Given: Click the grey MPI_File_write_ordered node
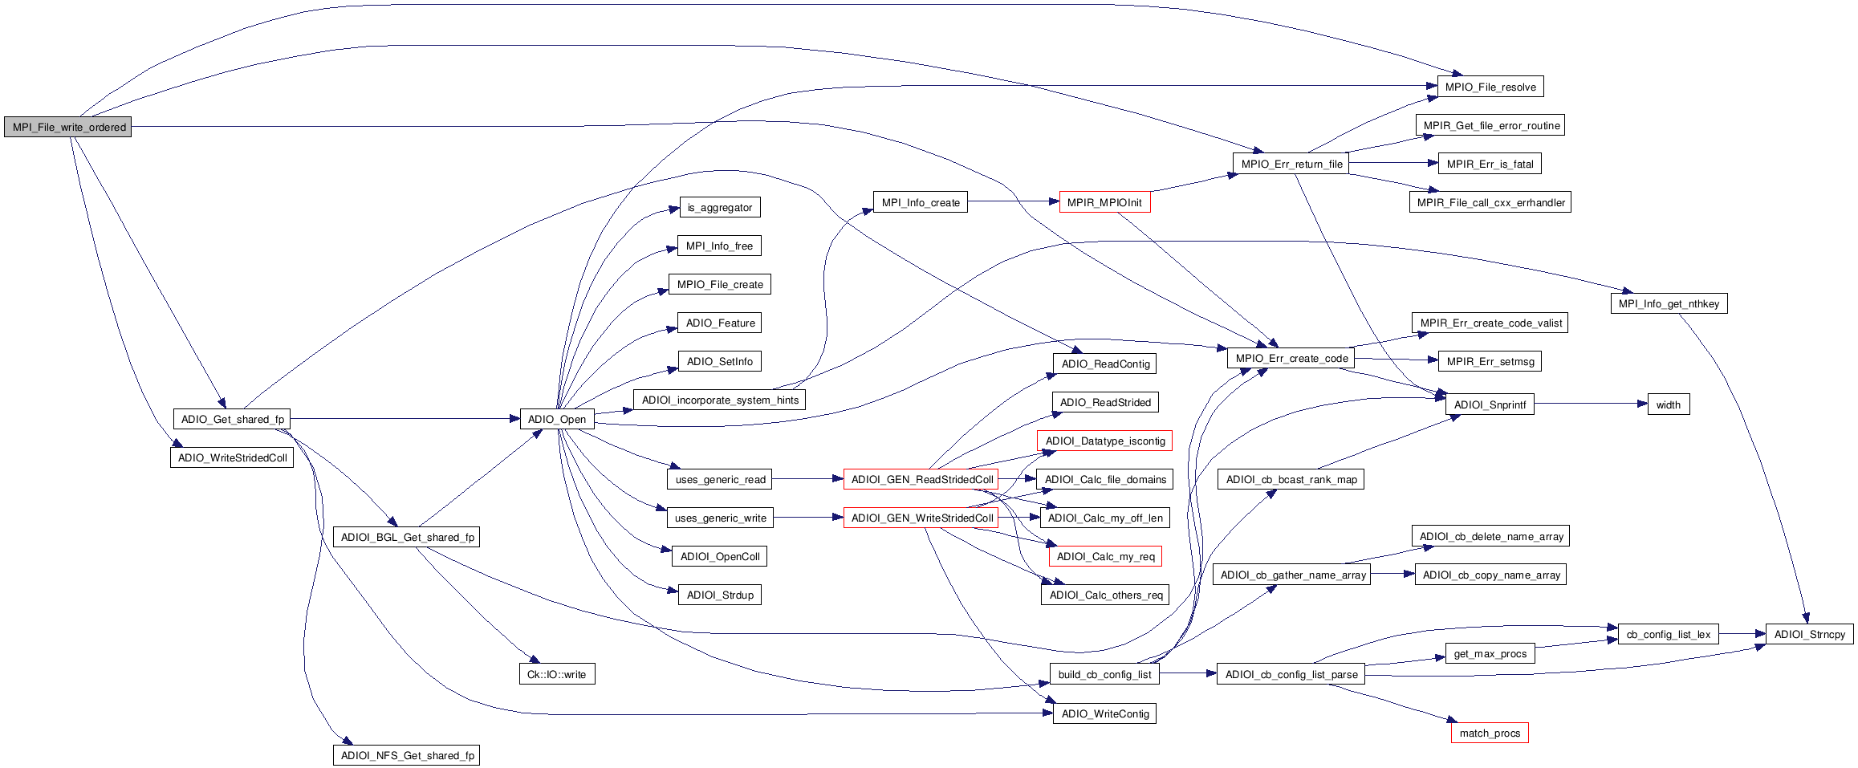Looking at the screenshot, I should click(68, 127).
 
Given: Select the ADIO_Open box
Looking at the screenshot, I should click(557, 419).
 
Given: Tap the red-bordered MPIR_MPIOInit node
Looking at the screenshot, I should click(1104, 202).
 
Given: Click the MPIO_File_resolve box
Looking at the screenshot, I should click(1490, 87).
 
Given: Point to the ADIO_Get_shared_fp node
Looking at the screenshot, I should click(232, 419).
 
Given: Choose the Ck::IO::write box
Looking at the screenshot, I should click(556, 674).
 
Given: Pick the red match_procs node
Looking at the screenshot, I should click(1490, 733).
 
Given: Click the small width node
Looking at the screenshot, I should click(1668, 404).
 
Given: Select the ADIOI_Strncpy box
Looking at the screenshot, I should click(1809, 634).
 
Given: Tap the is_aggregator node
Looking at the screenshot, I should click(719, 207).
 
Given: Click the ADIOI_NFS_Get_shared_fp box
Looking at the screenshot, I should click(407, 755).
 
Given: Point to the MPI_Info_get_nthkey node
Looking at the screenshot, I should click(1669, 303).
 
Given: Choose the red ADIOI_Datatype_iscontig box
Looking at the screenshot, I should click(1104, 441).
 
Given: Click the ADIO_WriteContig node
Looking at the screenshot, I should click(1104, 713).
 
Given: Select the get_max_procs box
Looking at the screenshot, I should click(1490, 653).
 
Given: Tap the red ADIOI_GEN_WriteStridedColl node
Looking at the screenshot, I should click(921, 518).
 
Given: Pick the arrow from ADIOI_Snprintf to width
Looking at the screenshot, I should click(1589, 404).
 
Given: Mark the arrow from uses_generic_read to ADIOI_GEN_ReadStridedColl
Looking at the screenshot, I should click(807, 479).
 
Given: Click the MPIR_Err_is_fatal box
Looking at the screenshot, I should click(1490, 164).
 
